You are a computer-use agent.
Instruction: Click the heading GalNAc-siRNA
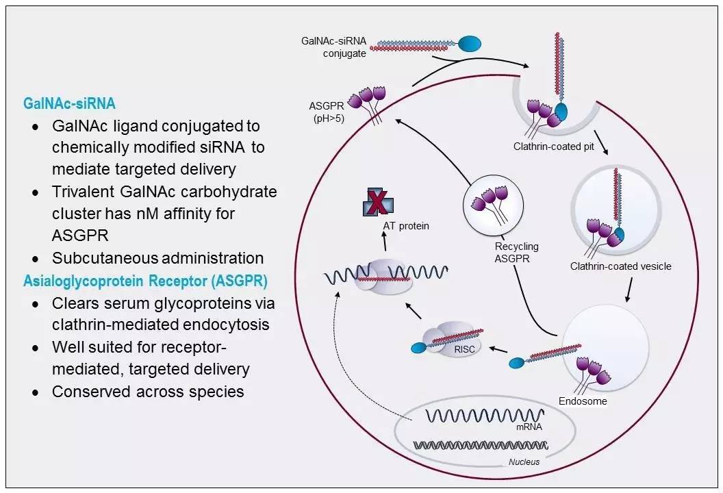[x=69, y=103]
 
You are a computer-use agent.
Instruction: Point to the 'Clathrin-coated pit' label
[x=553, y=147]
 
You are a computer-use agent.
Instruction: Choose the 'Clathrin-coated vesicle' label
[x=620, y=266]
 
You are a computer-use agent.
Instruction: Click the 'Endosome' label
[x=582, y=401]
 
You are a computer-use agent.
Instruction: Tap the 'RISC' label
[x=464, y=349]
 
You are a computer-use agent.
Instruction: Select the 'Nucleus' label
[x=524, y=462]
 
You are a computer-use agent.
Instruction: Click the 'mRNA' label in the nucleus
[x=529, y=427]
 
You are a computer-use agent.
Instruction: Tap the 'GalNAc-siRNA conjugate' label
[x=333, y=47]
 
